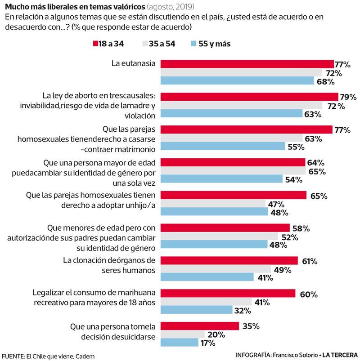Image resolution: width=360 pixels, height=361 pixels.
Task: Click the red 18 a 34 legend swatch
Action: (95, 44)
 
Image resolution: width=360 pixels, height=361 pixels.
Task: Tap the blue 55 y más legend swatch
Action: (194, 44)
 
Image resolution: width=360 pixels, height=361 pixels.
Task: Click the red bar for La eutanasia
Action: (247, 64)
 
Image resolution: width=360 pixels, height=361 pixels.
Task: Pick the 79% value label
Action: (347, 97)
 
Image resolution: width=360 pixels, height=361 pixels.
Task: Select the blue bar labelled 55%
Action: (223, 147)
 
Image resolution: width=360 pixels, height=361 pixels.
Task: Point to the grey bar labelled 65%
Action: (233, 171)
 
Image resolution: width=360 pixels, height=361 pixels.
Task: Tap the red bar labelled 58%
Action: (225, 228)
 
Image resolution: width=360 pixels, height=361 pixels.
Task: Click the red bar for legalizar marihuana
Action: (228, 294)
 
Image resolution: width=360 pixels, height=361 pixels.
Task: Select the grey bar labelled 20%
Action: (182, 334)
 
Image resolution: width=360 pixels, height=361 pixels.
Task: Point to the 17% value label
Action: (207, 343)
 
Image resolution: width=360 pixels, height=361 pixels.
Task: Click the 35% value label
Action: (251, 326)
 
